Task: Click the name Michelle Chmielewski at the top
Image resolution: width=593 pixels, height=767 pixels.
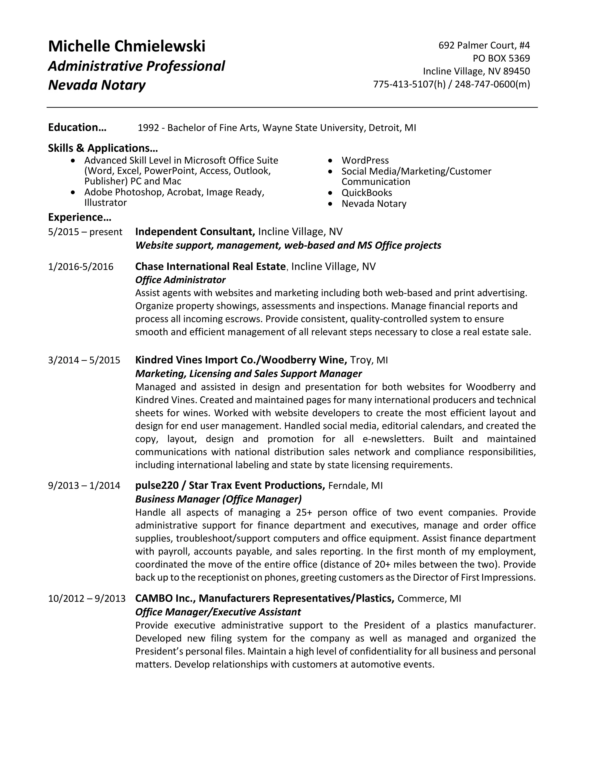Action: coord(127,47)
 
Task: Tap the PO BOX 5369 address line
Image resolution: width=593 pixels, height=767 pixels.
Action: coord(501,58)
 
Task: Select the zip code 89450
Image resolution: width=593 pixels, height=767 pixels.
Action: coord(517,71)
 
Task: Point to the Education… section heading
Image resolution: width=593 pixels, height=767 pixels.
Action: coord(77,127)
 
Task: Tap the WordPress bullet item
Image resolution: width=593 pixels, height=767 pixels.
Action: coord(365,161)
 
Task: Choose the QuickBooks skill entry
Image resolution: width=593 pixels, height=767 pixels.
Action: coord(366,193)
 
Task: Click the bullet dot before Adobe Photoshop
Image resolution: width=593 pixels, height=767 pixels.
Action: coord(73,192)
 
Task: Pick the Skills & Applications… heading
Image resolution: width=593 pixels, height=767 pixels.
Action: coord(103,148)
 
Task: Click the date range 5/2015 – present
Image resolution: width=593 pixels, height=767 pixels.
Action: coord(85,232)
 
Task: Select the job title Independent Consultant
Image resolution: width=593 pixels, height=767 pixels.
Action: coord(195,232)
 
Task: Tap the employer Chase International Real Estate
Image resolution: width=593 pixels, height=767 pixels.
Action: coord(210,267)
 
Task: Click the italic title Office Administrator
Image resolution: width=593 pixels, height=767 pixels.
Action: coord(180,280)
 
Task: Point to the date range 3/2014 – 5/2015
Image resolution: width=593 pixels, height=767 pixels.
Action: coord(84,360)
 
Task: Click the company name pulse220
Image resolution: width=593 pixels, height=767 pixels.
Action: coord(157,486)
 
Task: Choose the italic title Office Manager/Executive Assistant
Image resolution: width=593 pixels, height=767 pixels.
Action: coord(218,612)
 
